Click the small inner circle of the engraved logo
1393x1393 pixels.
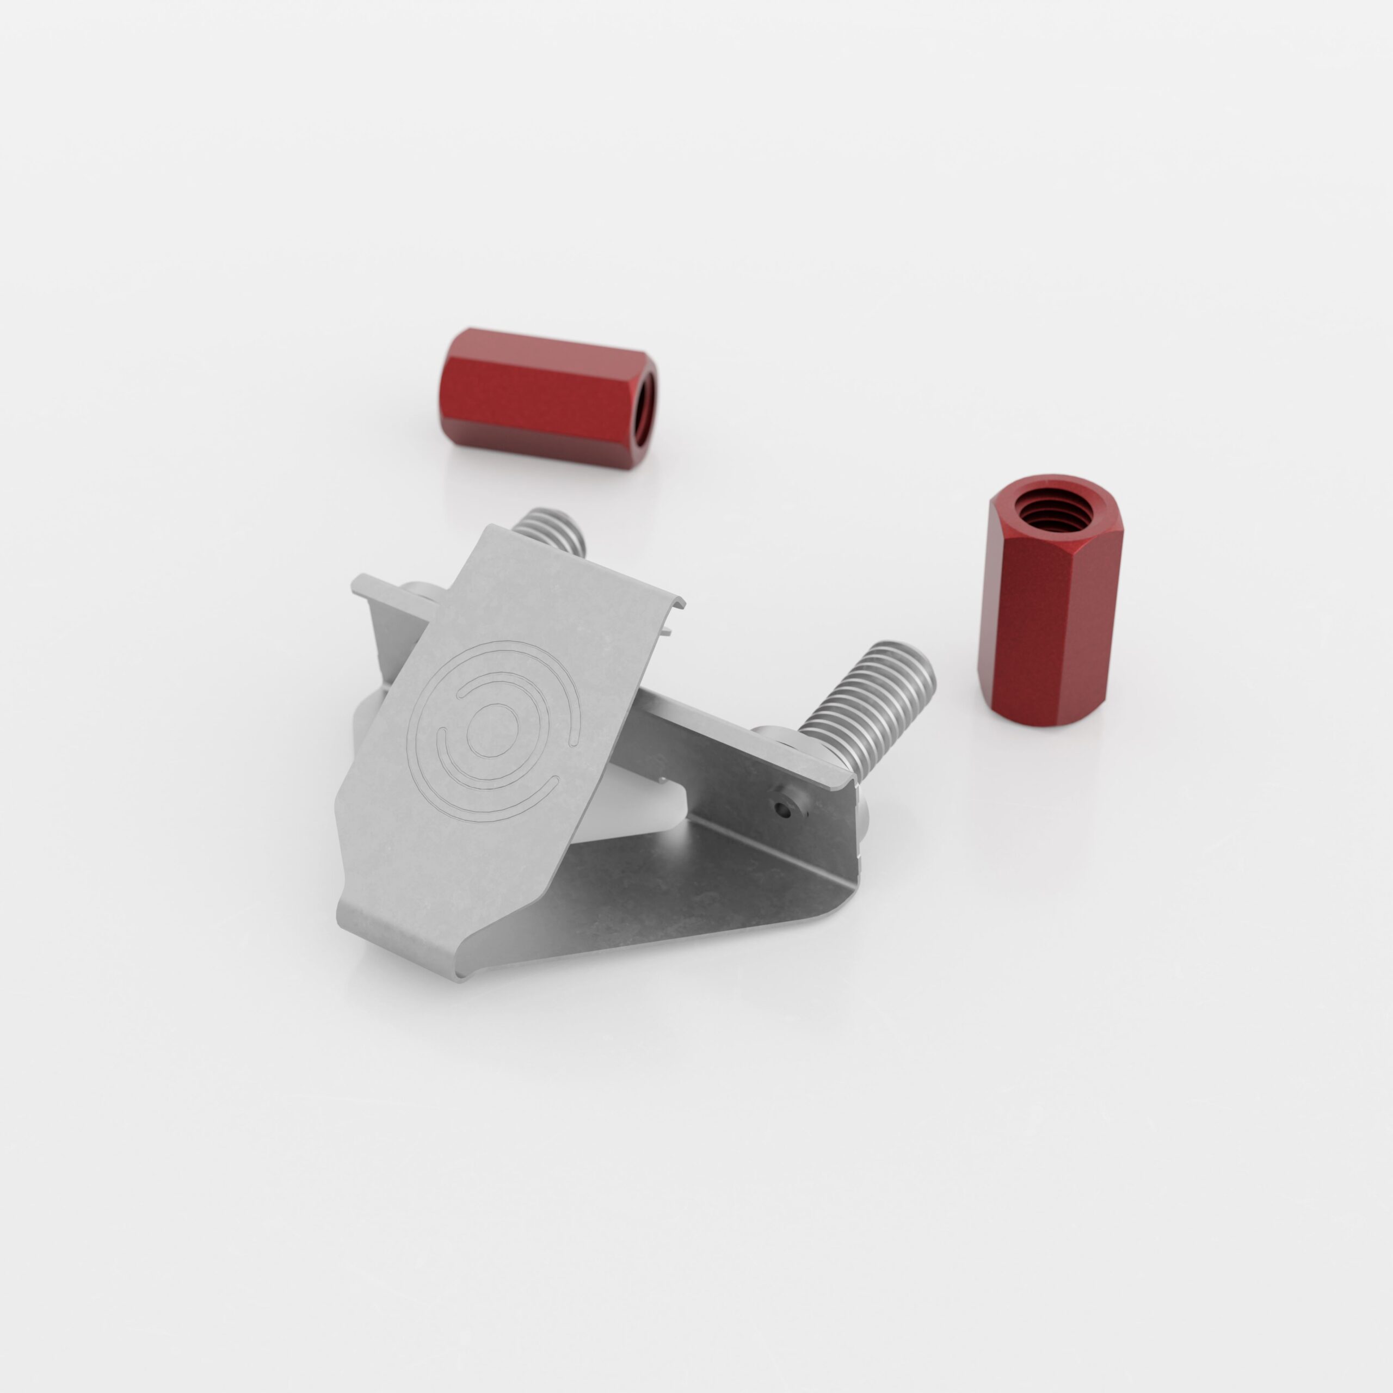(492, 730)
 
